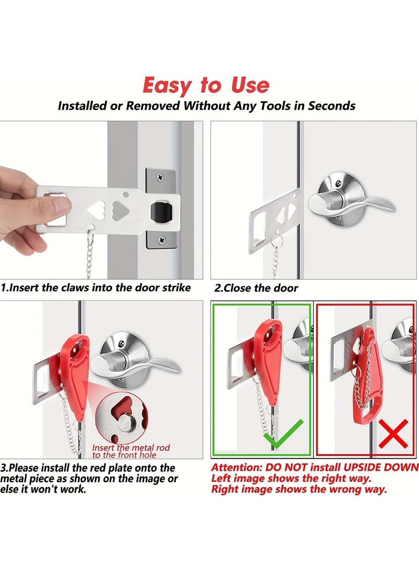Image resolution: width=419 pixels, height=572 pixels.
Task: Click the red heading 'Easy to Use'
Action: [x=206, y=85]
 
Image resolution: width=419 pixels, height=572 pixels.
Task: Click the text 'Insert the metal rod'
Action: [x=131, y=448]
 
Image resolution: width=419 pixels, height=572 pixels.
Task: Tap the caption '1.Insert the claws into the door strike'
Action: [x=96, y=288]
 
